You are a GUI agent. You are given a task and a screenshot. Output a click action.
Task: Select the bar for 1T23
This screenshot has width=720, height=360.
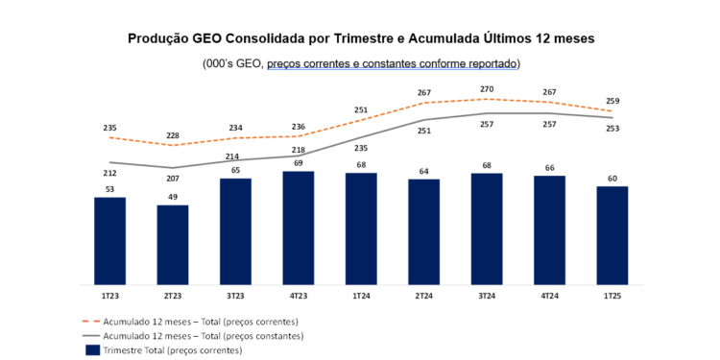click(x=109, y=241)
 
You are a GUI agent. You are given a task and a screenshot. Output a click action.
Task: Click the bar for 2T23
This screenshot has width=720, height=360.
click(x=173, y=245)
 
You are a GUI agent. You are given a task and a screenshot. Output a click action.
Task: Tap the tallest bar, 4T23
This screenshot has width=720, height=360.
click(x=299, y=228)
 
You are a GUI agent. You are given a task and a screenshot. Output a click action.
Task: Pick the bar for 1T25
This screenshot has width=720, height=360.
click(x=612, y=236)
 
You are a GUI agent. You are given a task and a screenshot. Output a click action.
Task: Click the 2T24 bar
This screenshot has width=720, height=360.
click(x=424, y=232)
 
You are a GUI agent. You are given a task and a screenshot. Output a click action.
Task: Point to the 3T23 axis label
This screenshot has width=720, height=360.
click(x=235, y=295)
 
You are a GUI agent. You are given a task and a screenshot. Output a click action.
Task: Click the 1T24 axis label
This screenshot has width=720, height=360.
click(x=361, y=295)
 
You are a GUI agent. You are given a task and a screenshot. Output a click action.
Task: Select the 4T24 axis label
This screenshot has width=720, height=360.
click(x=550, y=295)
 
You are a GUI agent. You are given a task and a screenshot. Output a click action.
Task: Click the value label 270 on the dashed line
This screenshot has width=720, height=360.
click(x=487, y=89)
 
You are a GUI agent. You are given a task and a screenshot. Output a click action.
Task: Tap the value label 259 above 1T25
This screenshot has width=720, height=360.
click(x=612, y=101)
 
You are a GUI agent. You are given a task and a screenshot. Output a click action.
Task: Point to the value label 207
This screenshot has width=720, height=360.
click(x=173, y=179)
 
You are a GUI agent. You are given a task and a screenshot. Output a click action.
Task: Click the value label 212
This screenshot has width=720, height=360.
click(x=109, y=174)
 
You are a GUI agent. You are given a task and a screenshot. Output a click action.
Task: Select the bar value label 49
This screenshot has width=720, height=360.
click(x=173, y=198)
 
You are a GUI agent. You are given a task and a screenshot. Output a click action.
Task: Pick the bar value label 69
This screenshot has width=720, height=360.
click(x=299, y=164)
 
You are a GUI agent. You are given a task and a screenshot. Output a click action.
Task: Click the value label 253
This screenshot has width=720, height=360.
click(x=612, y=129)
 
